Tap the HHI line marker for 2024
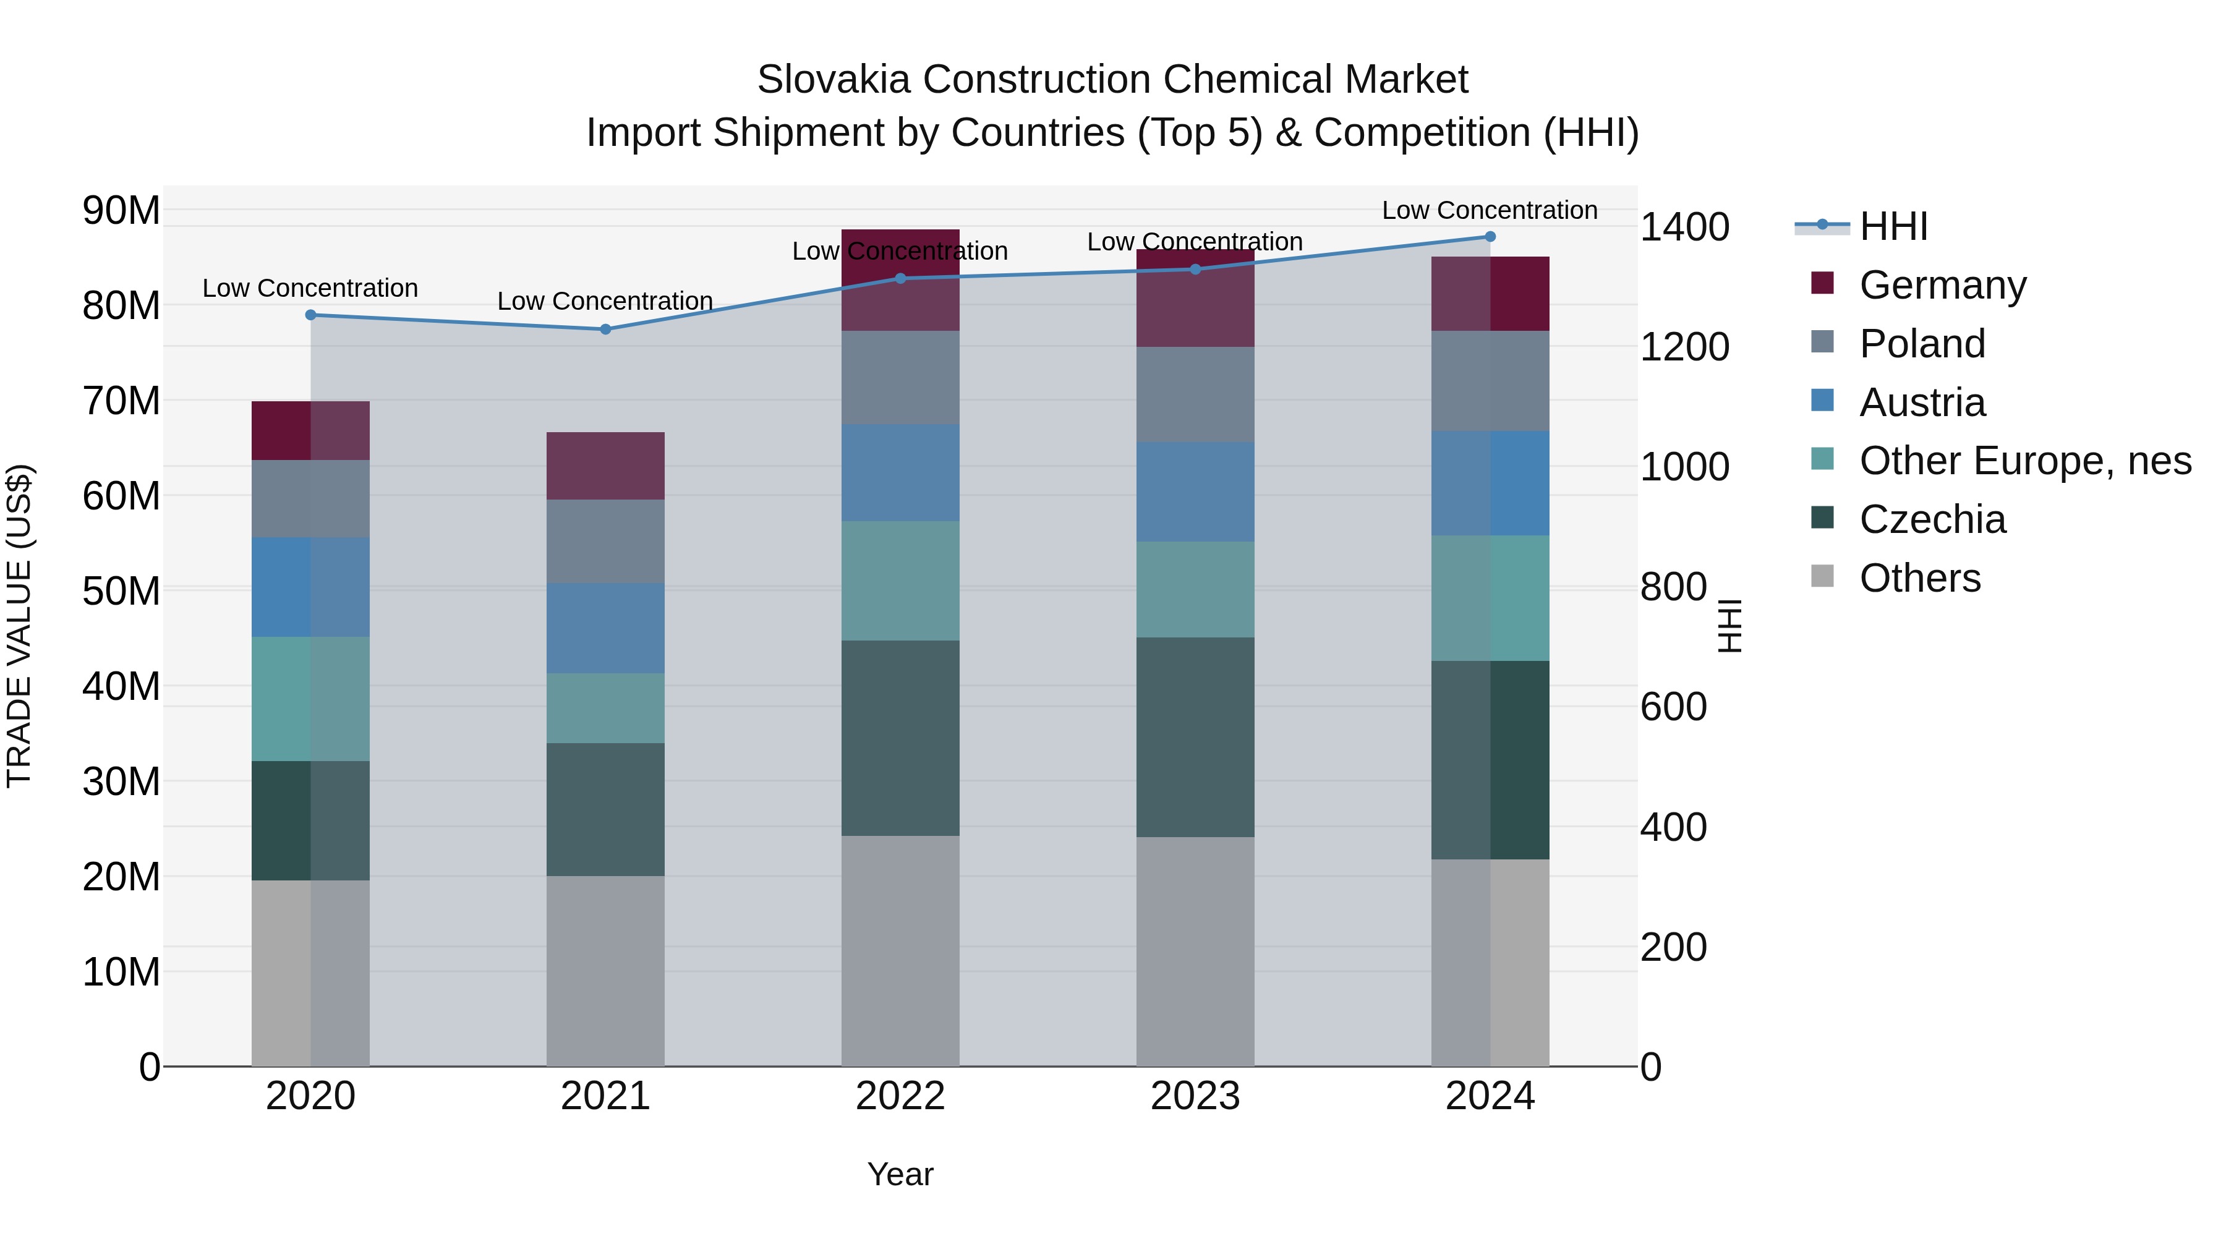[x=1490, y=237]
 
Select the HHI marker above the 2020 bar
[x=310, y=315]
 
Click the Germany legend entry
[x=1942, y=285]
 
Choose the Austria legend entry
[x=1922, y=402]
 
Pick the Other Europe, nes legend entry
[x=2024, y=461]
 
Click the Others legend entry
[x=1919, y=578]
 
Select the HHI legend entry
[x=1893, y=226]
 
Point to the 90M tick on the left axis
[x=121, y=210]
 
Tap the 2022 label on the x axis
[x=900, y=1096]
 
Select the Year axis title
[x=900, y=1174]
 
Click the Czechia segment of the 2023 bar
[x=1195, y=737]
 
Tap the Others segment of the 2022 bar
[x=900, y=950]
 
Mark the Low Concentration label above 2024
[x=1490, y=210]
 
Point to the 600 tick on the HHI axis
[x=1673, y=707]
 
